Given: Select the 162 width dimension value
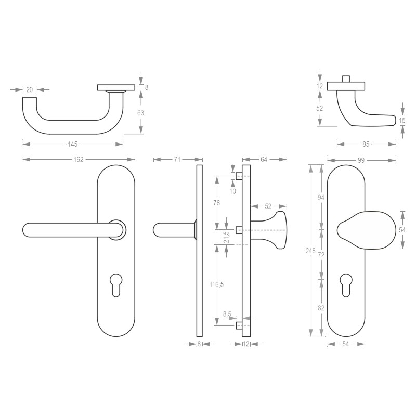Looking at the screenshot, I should (x=78, y=160).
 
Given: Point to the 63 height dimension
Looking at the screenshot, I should (x=140, y=113).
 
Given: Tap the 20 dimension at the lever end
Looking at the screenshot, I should (x=30, y=90).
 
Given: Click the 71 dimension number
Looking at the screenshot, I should (x=177, y=160).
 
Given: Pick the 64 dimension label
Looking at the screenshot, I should (x=264, y=160).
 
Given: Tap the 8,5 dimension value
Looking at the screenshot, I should (x=227, y=314).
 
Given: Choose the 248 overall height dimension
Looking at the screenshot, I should (x=310, y=251).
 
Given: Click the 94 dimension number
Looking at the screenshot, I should (x=321, y=197).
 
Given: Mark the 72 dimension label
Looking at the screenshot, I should (x=321, y=255).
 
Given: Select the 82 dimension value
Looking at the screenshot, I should (x=321, y=308).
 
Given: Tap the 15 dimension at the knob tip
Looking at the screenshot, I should (x=402, y=121).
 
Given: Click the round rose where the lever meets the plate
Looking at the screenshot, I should (x=116, y=229).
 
